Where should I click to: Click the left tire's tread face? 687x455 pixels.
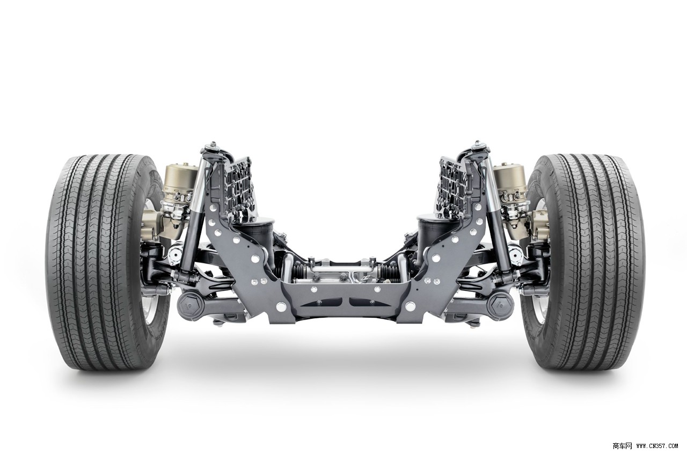(95, 262)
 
